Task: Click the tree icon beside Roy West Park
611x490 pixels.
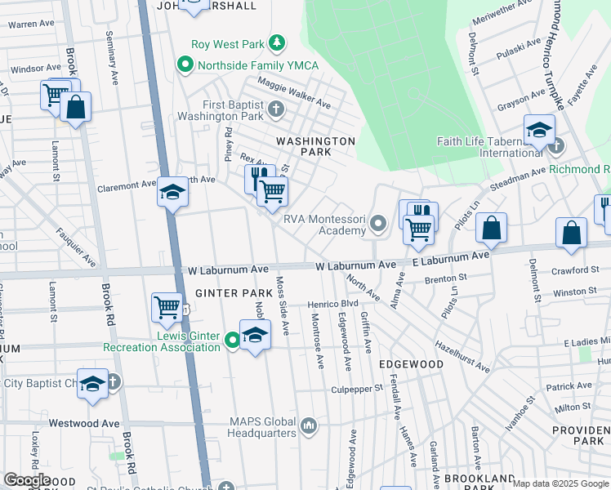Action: pyautogui.click(x=278, y=42)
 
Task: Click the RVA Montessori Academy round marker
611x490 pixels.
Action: pyautogui.click(x=377, y=222)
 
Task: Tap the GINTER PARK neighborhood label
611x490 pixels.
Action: pyautogui.click(x=227, y=292)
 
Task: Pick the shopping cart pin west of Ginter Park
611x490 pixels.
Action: pyautogui.click(x=167, y=308)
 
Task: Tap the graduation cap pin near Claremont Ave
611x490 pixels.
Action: pyautogui.click(x=172, y=193)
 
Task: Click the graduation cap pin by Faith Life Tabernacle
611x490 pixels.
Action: pyautogui.click(x=539, y=130)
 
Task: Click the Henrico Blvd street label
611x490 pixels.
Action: pyautogui.click(x=332, y=304)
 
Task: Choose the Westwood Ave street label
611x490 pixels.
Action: pyautogui.click(x=83, y=423)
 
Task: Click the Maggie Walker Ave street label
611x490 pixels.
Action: pyautogui.click(x=294, y=93)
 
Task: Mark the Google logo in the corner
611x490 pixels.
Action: pyautogui.click(x=26, y=480)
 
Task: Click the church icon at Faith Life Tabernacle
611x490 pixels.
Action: pyautogui.click(x=556, y=146)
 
